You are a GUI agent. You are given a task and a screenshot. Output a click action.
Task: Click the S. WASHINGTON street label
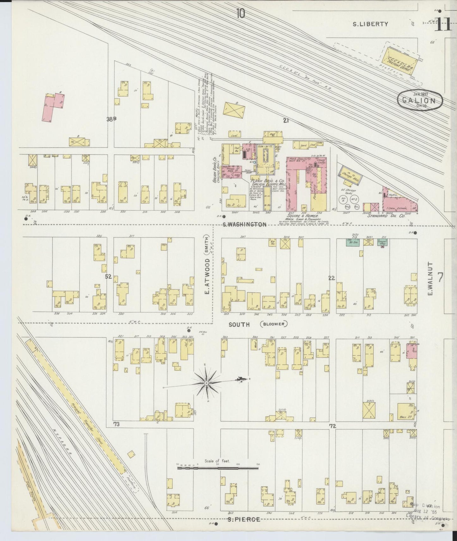[244, 225]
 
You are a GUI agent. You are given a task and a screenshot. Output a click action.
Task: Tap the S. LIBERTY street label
[370, 24]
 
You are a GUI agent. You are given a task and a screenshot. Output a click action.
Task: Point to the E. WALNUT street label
[429, 278]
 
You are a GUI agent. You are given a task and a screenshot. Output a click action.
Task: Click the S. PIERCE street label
[244, 519]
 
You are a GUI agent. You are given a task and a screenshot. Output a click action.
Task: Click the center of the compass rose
[207, 383]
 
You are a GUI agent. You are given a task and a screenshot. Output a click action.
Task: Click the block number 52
[108, 277]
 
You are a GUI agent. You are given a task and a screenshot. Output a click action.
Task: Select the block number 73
[116, 424]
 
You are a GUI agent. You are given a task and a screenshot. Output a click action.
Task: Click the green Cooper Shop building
[383, 242]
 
